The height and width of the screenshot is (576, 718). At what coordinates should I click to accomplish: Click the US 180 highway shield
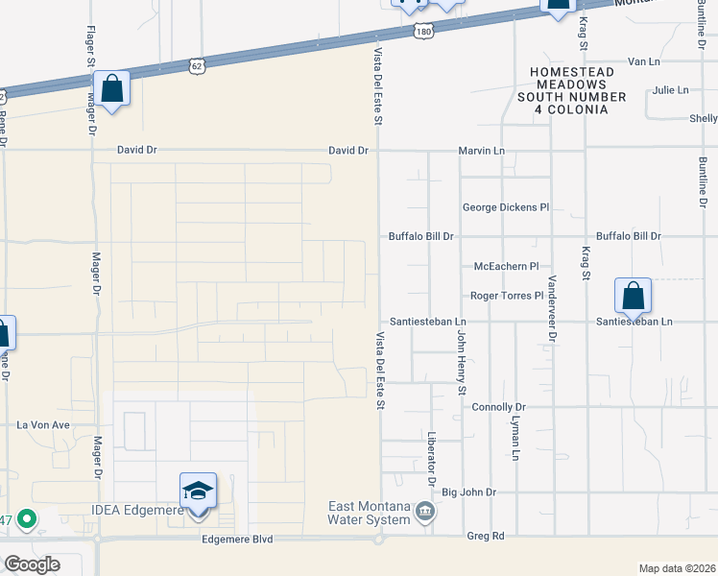[423, 33]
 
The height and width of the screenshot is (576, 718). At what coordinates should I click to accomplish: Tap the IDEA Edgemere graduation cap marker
[198, 492]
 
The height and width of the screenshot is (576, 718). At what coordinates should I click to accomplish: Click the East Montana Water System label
[370, 514]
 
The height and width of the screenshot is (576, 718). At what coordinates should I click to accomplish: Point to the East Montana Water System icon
[424, 515]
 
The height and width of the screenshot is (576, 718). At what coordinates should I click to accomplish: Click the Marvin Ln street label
[481, 151]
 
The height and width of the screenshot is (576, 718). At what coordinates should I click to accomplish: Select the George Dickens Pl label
[505, 206]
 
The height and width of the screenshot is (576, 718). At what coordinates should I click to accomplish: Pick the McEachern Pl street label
[507, 266]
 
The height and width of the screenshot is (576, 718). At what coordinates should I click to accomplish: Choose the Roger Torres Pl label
[507, 296]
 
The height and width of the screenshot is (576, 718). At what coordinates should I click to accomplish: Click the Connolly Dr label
[499, 407]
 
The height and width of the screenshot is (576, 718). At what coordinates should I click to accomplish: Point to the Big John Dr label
[468, 492]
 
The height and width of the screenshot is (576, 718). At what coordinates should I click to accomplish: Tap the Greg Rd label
[485, 536]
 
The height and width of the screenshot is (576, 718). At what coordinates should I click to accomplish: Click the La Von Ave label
[44, 424]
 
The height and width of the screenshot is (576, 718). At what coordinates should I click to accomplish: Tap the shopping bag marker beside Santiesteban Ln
[634, 295]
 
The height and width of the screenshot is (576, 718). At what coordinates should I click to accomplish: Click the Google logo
[32, 564]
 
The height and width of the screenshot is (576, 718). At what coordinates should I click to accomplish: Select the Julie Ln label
[670, 90]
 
